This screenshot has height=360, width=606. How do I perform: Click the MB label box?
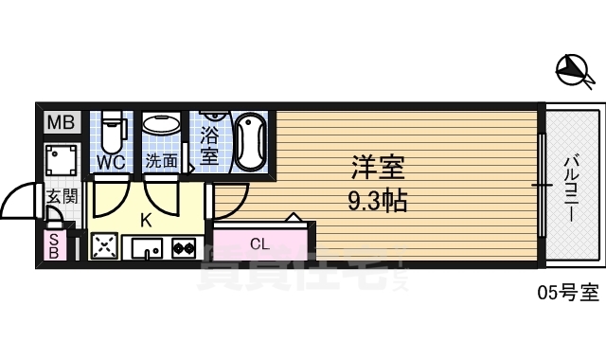click(x=60, y=122)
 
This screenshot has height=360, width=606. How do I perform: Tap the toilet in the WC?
click(x=113, y=134)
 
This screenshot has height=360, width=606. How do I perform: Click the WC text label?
click(x=112, y=162)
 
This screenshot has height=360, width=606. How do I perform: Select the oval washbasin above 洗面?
click(x=161, y=124)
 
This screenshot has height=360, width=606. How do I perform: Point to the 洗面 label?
click(x=161, y=162)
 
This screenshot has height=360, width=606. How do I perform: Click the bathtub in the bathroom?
click(x=250, y=141)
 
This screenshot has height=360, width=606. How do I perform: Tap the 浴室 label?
click(x=209, y=142)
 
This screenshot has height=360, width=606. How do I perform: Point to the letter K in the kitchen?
click(x=145, y=221)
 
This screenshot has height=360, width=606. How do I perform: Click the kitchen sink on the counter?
click(x=147, y=248)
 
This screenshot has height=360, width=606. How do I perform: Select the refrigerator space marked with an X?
click(x=103, y=247)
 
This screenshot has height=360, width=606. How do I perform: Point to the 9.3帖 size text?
click(x=378, y=201)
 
